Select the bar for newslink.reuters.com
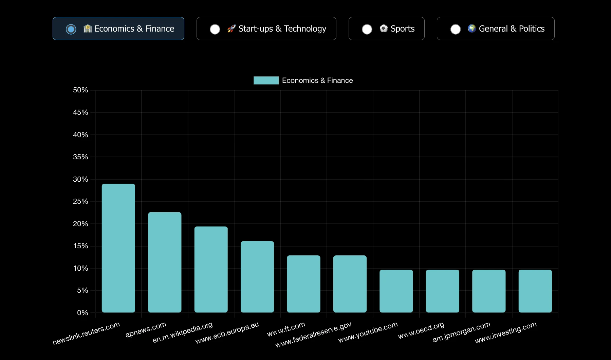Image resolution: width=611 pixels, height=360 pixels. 118,248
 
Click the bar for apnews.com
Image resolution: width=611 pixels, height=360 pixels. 165,262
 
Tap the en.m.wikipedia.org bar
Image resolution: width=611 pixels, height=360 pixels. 211,269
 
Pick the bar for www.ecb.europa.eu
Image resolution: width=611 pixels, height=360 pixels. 257,277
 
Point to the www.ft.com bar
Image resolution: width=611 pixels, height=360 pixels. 303,284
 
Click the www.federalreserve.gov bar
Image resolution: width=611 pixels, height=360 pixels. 350,284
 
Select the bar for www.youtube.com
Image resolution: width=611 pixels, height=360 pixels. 396,291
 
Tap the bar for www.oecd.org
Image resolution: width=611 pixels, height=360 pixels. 443,291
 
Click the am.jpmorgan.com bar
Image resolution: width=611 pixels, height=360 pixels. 489,291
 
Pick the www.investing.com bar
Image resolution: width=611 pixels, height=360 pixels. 535,291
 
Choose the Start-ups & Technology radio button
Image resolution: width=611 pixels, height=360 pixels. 215,29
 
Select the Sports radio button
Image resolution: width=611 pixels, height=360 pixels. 367,29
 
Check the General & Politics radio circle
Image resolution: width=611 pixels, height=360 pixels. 456,29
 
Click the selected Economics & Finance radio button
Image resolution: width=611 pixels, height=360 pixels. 71,29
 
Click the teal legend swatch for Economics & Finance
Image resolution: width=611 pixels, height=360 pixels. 266,80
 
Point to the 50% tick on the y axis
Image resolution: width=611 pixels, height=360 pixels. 80,90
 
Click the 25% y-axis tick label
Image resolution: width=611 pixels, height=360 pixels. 80,201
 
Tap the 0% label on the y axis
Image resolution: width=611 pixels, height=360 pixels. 82,313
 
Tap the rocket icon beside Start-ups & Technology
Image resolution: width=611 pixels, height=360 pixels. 232,29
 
